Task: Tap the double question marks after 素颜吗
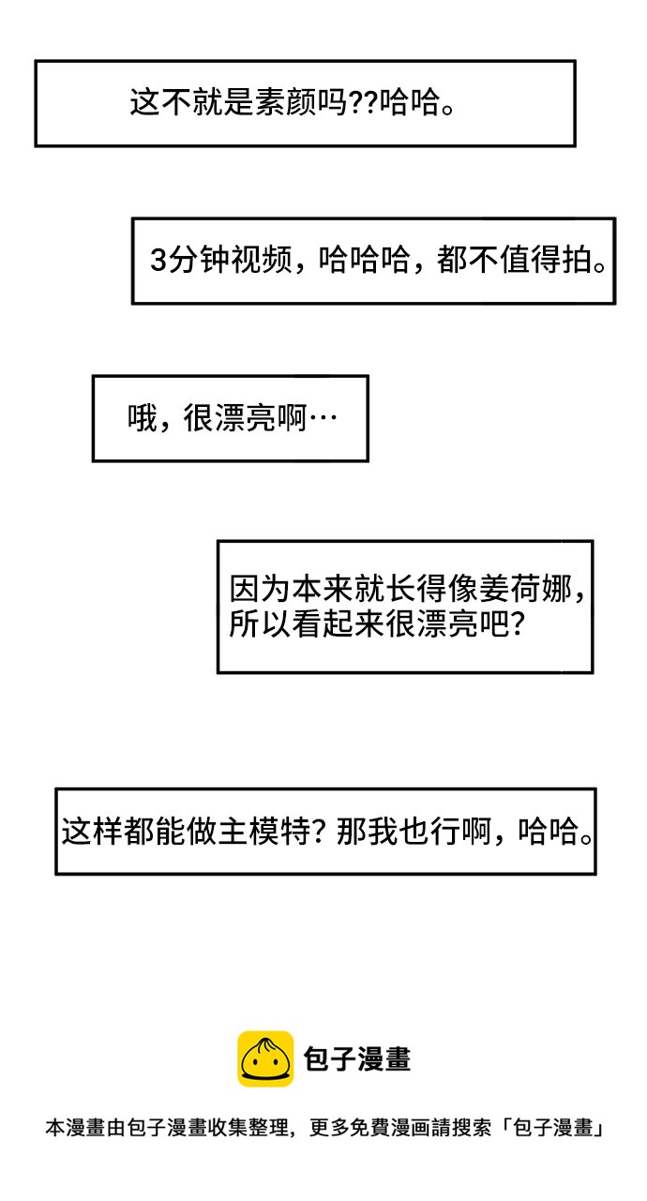pyautogui.click(x=364, y=102)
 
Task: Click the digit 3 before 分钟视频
pyautogui.click(x=158, y=261)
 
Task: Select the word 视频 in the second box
pyautogui.click(x=261, y=260)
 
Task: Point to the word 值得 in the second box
pyautogui.click(x=530, y=260)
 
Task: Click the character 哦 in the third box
pyautogui.click(x=142, y=417)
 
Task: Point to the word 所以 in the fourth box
pyautogui.click(x=260, y=623)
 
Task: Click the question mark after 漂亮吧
pyautogui.click(x=517, y=623)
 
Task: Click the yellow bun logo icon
pyautogui.click(x=265, y=1058)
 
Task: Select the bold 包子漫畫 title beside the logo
pyautogui.click(x=357, y=1058)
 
